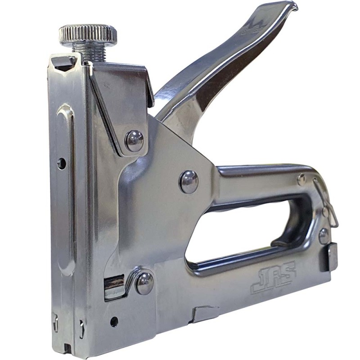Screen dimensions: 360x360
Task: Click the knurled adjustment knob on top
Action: click(x=88, y=34)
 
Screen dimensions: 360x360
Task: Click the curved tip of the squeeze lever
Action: click(x=291, y=6)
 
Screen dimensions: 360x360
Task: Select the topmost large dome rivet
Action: click(x=134, y=141)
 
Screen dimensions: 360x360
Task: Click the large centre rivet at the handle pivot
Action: click(x=189, y=182)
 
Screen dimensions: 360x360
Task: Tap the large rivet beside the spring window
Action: click(x=144, y=283)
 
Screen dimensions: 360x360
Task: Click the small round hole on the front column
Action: click(x=61, y=163)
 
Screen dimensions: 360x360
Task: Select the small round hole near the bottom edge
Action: click(x=114, y=321)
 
